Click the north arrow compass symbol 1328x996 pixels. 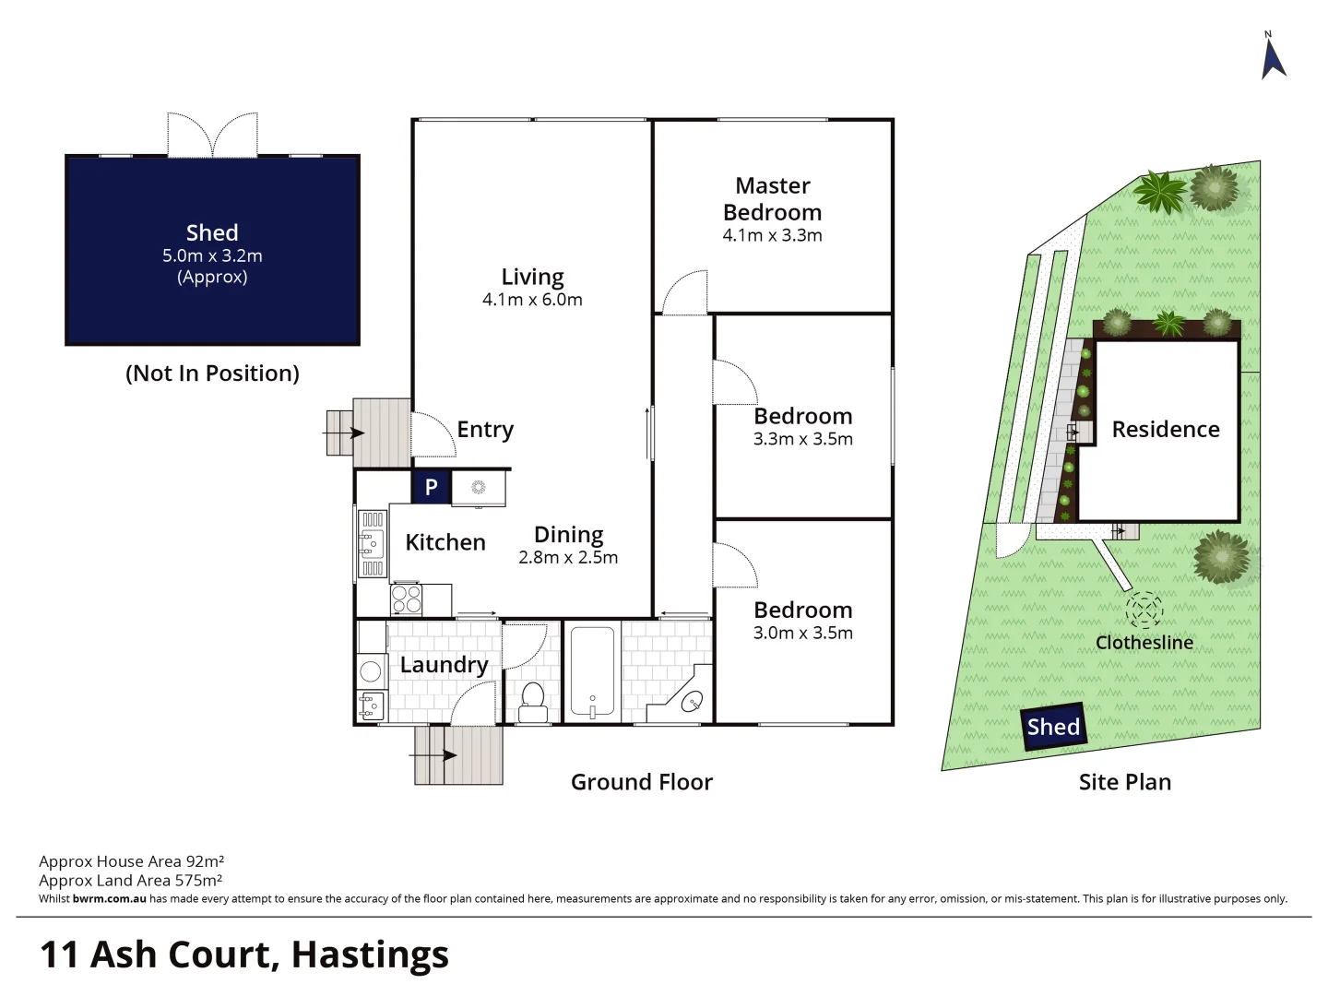pyautogui.click(x=1274, y=58)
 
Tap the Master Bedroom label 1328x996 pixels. pyautogui.click(x=773, y=199)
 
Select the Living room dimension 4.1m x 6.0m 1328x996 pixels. pyautogui.click(x=532, y=300)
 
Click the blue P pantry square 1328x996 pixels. pyautogui.click(x=431, y=487)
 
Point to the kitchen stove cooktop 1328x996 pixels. pyautogui.click(x=407, y=599)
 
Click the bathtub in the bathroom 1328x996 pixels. pyautogui.click(x=591, y=672)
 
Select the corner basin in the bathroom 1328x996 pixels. pyautogui.click(x=692, y=703)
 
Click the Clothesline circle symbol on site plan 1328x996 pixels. pyautogui.click(x=1144, y=610)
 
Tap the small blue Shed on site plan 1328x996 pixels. pyautogui.click(x=1053, y=727)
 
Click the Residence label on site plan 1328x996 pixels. pyautogui.click(x=1166, y=430)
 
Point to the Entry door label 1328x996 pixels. pyautogui.click(x=485, y=430)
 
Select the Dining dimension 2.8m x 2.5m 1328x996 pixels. pyautogui.click(x=568, y=557)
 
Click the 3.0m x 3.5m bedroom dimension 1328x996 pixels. pyautogui.click(x=803, y=633)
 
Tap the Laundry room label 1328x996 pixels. pyautogui.click(x=444, y=665)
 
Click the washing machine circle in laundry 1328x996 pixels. pyautogui.click(x=371, y=670)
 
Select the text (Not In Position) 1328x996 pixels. pyautogui.click(x=212, y=373)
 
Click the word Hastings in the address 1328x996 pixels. pyautogui.click(x=370, y=954)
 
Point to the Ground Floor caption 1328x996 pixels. pyautogui.click(x=642, y=782)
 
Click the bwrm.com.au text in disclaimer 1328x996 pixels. pyautogui.click(x=109, y=899)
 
